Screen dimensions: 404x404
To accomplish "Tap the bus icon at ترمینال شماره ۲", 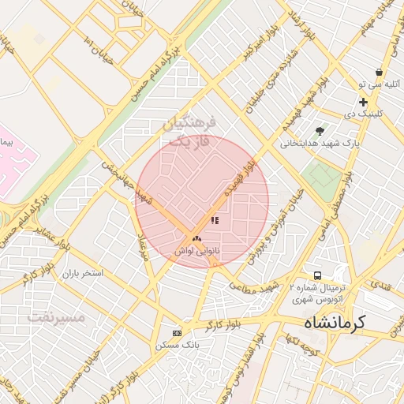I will pyautogui.click(x=317, y=275).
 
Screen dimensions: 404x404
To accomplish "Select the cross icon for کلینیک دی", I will pyautogui.click(x=363, y=102).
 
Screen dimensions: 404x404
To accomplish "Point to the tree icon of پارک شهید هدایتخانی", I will pyautogui.click(x=319, y=131).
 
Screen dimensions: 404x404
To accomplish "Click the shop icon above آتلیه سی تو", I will pyautogui.click(x=380, y=72).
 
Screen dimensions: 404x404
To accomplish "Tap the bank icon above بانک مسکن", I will pyautogui.click(x=177, y=333).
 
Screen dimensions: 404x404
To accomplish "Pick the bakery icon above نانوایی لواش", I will pyautogui.click(x=196, y=238).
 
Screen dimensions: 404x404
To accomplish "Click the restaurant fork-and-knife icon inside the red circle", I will pyautogui.click(x=215, y=221).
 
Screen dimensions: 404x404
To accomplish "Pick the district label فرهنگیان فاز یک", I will pyautogui.click(x=189, y=133).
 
